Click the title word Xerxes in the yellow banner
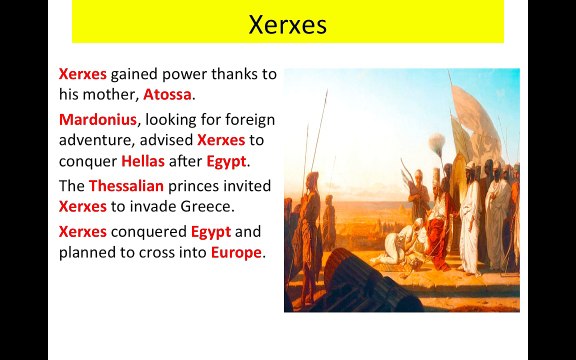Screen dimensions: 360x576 tap(287, 24)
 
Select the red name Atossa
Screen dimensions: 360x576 tap(167, 95)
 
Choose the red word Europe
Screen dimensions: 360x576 tap(236, 252)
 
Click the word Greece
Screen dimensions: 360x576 tap(203, 207)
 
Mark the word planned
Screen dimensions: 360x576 tap(88, 252)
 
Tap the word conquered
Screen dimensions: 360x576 tap(148, 231)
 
